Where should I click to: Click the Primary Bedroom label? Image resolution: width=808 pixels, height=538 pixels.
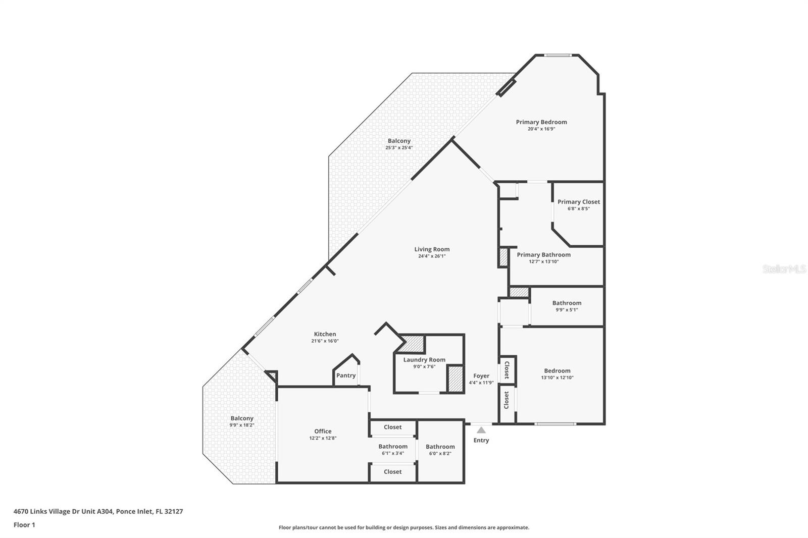pos(541,122)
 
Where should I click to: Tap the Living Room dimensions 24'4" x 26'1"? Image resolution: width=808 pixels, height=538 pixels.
pos(432,256)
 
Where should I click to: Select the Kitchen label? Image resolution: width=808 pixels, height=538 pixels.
pos(325,334)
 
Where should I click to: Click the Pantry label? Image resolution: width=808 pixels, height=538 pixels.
pos(346,375)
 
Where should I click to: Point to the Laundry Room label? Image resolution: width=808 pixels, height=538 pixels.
pos(424,360)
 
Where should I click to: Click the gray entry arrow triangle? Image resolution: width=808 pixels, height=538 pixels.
pos(481,430)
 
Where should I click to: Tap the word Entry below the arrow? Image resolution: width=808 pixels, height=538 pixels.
pos(481,441)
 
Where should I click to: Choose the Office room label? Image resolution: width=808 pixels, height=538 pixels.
pos(323,432)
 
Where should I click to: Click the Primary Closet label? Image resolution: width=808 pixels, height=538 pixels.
pos(579,202)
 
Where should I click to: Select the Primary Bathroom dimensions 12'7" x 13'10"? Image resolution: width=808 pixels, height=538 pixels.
pos(543,262)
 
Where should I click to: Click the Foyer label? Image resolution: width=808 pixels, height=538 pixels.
pos(481,376)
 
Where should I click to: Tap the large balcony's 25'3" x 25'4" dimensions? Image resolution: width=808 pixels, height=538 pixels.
pos(399,148)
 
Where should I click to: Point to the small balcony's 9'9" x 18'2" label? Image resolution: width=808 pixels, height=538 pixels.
pos(242,425)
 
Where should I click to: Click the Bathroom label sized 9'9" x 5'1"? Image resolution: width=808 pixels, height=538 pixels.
pos(567,303)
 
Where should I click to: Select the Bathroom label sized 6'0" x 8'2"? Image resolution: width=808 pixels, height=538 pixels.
pos(440,447)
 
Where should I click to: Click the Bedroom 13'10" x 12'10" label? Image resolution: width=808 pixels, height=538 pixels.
pos(557,371)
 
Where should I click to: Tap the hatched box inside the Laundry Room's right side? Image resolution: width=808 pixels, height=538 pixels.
pos(455,378)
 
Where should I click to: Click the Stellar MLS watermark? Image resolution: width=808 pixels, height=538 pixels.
pos(784,270)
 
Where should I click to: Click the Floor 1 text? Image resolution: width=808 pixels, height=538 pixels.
pos(24,525)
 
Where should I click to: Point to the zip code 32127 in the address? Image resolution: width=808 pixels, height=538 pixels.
pos(173,511)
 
